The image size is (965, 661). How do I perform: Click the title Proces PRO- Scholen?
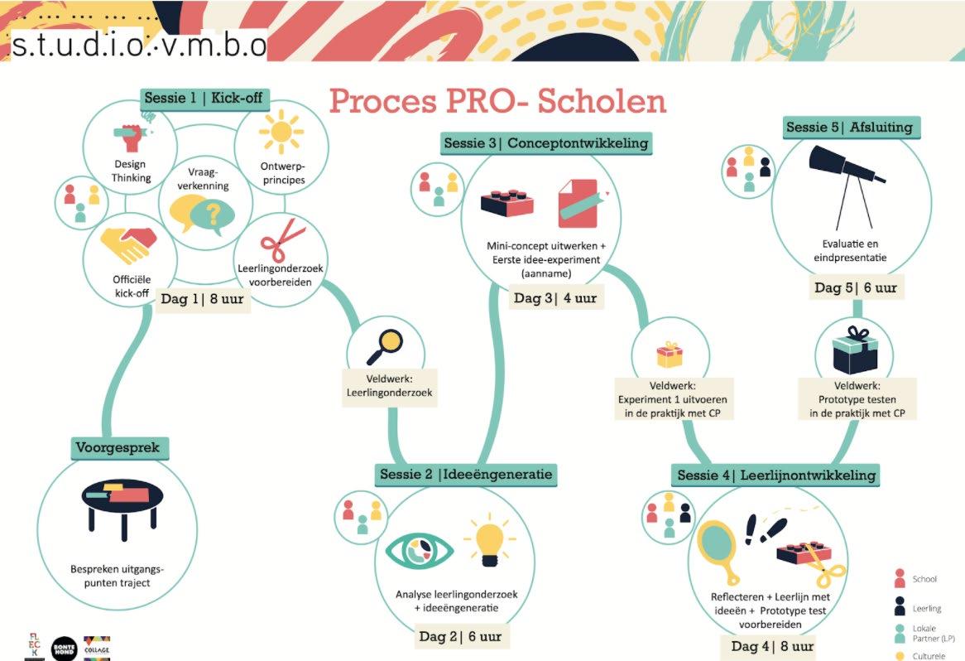pyautogui.click(x=497, y=102)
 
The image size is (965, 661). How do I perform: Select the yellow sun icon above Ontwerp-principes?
pyautogui.click(x=281, y=131)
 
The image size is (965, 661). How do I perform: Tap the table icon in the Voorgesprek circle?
pyautogui.click(x=118, y=507)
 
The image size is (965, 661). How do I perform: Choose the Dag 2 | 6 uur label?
pyautogui.click(x=460, y=636)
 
